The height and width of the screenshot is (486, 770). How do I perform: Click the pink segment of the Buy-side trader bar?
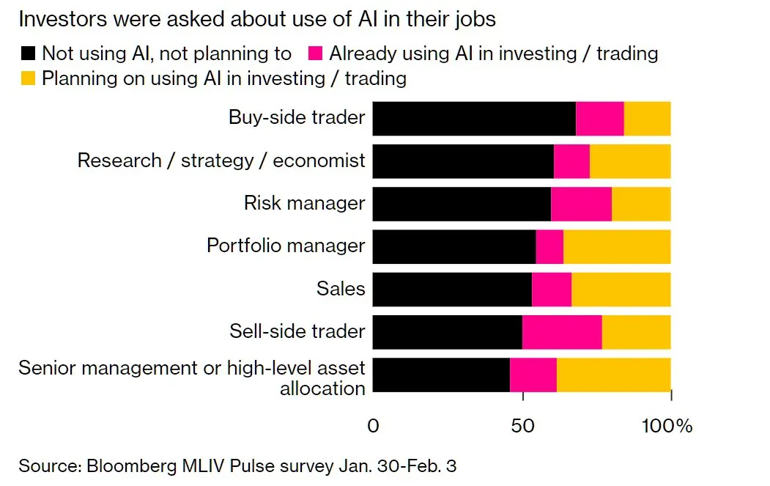click(x=599, y=119)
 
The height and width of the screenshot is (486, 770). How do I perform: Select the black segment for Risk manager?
click(x=462, y=204)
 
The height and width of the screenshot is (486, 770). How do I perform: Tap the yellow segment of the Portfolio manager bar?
click(x=617, y=246)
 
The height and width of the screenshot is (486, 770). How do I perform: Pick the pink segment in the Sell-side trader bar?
click(x=562, y=331)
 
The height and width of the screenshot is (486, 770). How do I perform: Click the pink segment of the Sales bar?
click(x=552, y=289)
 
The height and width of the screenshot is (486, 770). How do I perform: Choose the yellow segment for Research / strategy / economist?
click(x=630, y=161)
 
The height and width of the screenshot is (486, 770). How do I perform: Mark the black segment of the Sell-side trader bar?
click(x=447, y=331)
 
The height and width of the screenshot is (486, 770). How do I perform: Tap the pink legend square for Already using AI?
click(x=315, y=54)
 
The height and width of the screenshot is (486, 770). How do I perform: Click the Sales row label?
click(x=341, y=289)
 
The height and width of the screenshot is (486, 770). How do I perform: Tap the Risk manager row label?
click(x=304, y=203)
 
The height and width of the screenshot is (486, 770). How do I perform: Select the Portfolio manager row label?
click(x=286, y=246)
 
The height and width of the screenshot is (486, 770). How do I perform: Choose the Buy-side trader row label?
click(x=296, y=117)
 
